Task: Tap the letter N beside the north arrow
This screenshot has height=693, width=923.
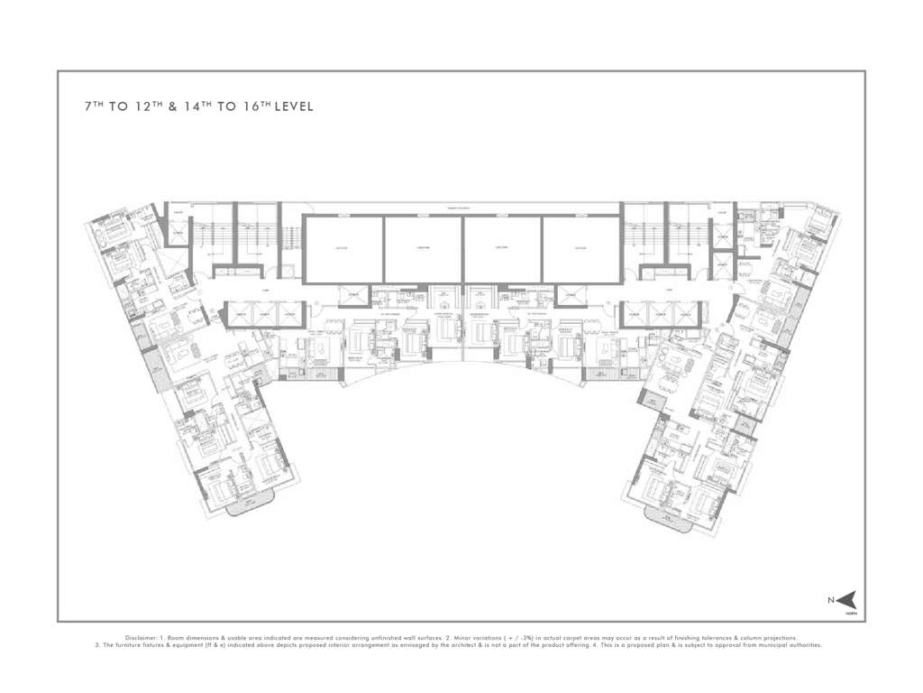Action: (x=830, y=599)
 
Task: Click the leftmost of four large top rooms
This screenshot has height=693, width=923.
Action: (x=343, y=249)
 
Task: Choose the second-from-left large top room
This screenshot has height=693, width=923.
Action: (x=424, y=249)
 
